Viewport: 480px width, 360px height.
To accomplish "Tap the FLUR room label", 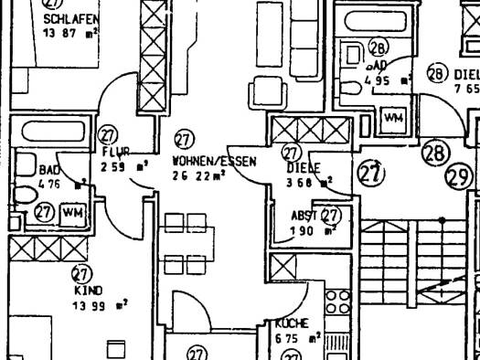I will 116,151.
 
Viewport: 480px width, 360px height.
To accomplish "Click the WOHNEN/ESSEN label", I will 215,161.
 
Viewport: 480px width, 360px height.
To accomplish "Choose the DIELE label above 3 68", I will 302,168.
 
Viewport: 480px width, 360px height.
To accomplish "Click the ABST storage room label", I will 304,217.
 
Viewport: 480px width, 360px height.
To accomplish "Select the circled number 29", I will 459,177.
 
